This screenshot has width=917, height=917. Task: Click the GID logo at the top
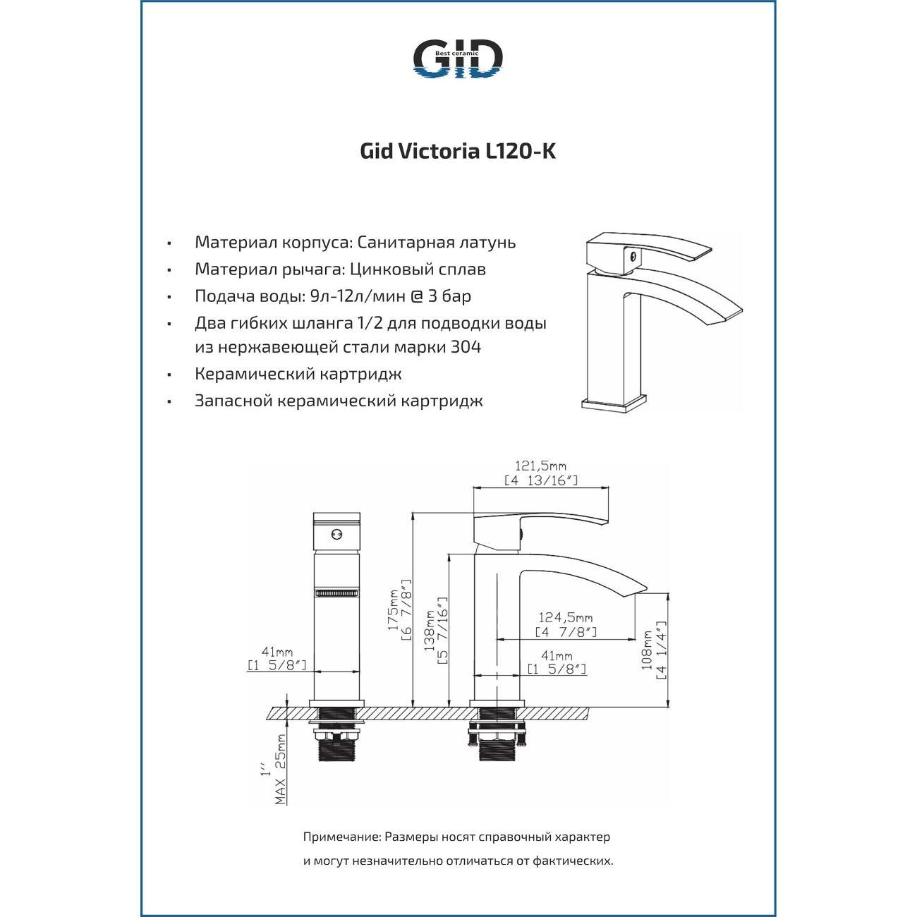[457, 59]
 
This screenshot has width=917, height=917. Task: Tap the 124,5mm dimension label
[565, 618]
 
